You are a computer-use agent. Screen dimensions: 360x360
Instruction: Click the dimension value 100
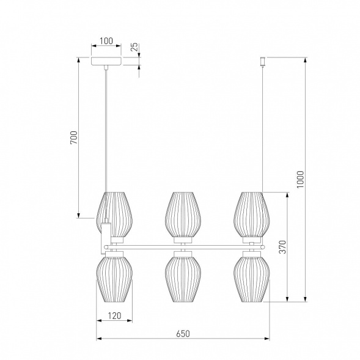tap(106, 41)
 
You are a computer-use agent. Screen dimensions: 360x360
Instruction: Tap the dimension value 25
tap(135, 46)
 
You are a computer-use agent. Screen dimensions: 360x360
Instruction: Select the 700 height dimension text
tap(74, 138)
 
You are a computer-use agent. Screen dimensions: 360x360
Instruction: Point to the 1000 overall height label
tap(300, 179)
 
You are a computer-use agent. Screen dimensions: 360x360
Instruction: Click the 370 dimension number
tap(283, 247)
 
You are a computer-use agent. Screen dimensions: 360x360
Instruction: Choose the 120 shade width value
tap(114, 316)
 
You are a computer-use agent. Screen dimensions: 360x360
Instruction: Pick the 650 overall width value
tap(183, 334)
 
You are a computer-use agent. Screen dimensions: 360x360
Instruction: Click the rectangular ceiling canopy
tap(106, 61)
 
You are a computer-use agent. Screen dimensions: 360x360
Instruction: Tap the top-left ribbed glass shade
tap(114, 215)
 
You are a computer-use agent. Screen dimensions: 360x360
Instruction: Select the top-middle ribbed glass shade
tap(183, 215)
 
